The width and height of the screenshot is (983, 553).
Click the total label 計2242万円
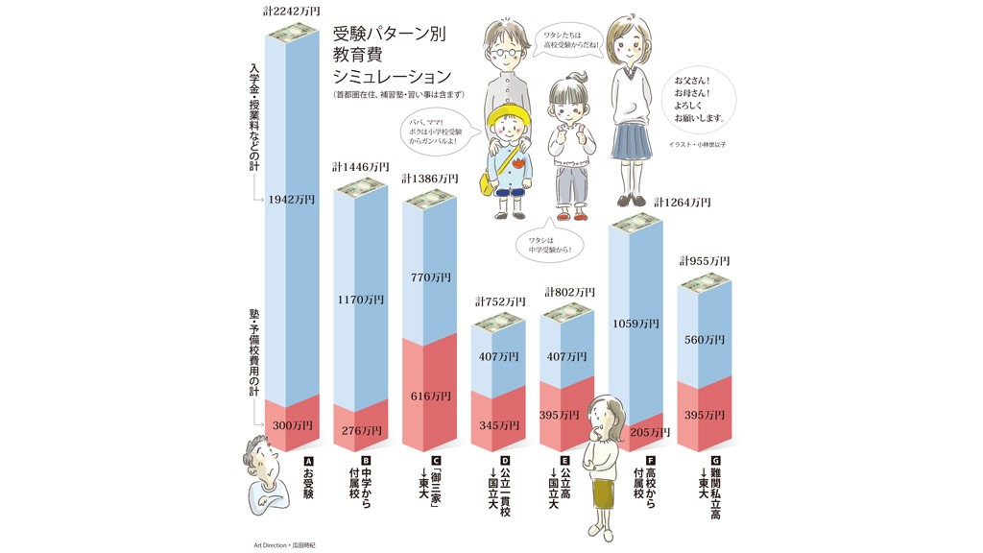293,11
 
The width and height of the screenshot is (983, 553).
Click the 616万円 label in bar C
429,396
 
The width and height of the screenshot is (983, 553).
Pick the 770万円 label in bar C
429,277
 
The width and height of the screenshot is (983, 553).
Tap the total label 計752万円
497,301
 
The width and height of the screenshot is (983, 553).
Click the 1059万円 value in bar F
635,324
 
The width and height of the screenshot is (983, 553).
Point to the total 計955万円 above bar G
705,261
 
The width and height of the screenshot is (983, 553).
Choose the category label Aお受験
308,477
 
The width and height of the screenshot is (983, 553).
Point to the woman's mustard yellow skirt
603,492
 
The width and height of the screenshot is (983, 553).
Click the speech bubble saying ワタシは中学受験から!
549,245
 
